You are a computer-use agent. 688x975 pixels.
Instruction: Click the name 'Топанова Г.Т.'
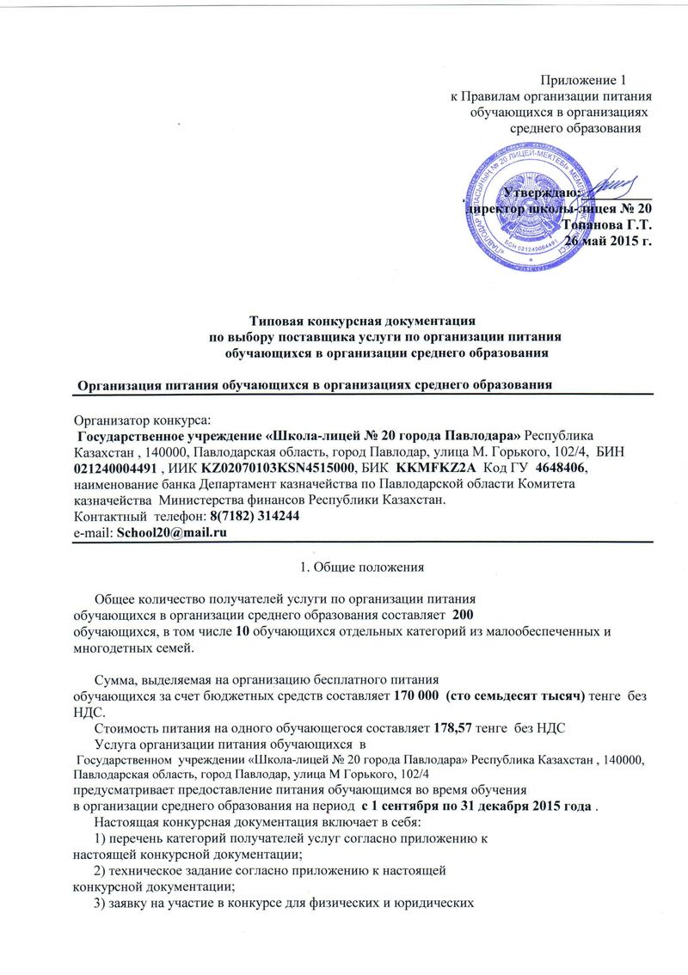click(607, 224)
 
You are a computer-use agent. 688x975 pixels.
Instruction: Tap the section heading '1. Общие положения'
click(361, 566)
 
